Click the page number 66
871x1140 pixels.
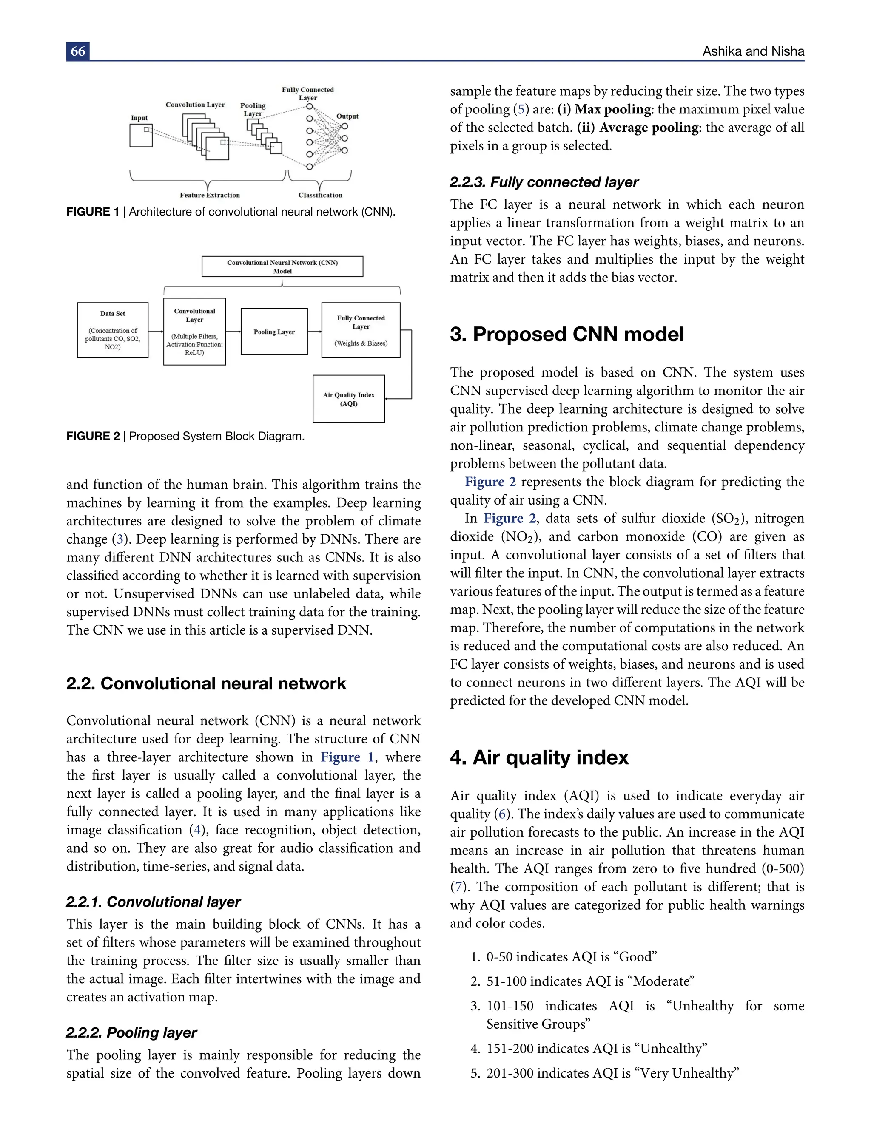point(78,51)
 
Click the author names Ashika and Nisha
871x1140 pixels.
point(753,51)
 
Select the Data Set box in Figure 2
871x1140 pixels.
point(113,330)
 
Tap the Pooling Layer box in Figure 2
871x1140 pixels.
point(274,332)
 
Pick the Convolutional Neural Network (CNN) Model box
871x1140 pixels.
point(282,267)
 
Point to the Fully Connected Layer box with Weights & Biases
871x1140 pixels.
point(360,330)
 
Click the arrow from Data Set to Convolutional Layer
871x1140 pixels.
point(156,331)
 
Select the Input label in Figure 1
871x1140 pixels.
point(139,118)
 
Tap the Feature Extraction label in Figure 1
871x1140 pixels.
point(209,195)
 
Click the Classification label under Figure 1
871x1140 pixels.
point(320,195)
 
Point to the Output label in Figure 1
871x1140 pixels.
point(347,116)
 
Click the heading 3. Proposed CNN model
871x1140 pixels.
point(566,334)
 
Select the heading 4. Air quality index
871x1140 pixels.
point(539,757)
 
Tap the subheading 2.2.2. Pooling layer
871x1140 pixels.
point(131,1032)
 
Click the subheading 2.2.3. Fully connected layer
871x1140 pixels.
point(544,182)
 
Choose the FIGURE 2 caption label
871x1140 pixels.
point(93,436)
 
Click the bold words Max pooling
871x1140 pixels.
point(613,109)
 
